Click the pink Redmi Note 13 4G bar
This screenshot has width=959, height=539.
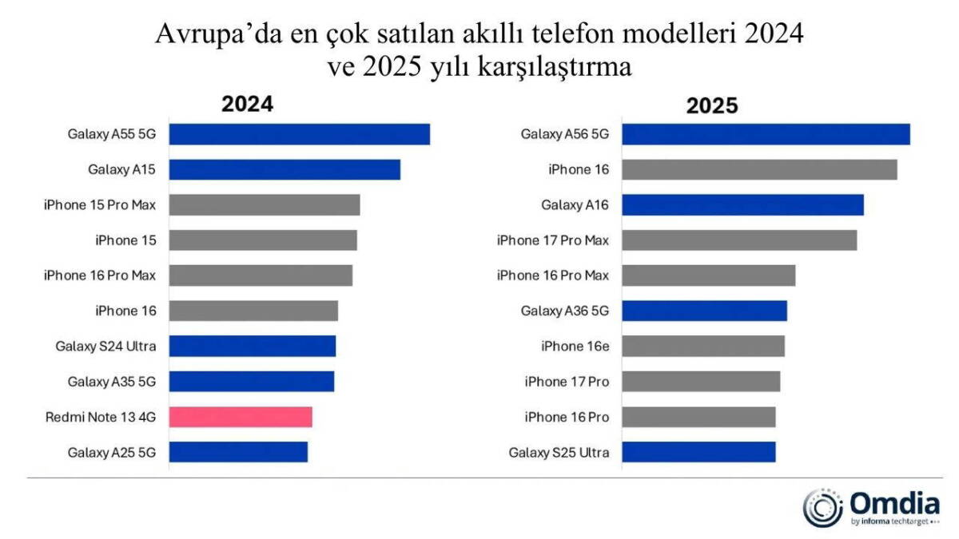click(241, 417)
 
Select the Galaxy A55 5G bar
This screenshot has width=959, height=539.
click(300, 134)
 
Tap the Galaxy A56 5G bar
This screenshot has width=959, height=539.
click(766, 134)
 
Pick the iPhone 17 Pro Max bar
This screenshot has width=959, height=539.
click(739, 240)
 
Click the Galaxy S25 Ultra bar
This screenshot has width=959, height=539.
click(698, 452)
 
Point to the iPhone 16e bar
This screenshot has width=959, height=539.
click(703, 346)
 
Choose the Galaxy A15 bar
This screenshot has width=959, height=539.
click(285, 169)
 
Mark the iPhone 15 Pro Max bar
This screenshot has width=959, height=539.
click(265, 204)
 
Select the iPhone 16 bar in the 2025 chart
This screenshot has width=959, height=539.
click(759, 169)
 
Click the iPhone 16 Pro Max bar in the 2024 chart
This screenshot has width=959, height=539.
click(261, 275)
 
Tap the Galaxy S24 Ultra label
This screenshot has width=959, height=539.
click(105, 346)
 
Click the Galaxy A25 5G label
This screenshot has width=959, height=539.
click(112, 453)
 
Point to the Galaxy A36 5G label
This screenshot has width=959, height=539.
click(564, 311)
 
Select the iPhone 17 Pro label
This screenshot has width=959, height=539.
click(567, 382)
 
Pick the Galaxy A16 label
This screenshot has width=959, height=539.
click(575, 205)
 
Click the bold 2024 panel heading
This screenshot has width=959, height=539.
click(247, 105)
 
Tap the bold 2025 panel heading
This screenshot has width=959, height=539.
click(712, 106)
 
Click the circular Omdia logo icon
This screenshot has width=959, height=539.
click(823, 507)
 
